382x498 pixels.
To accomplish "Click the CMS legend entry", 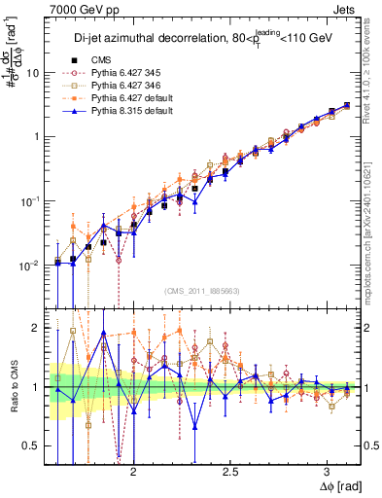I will [101, 60].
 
